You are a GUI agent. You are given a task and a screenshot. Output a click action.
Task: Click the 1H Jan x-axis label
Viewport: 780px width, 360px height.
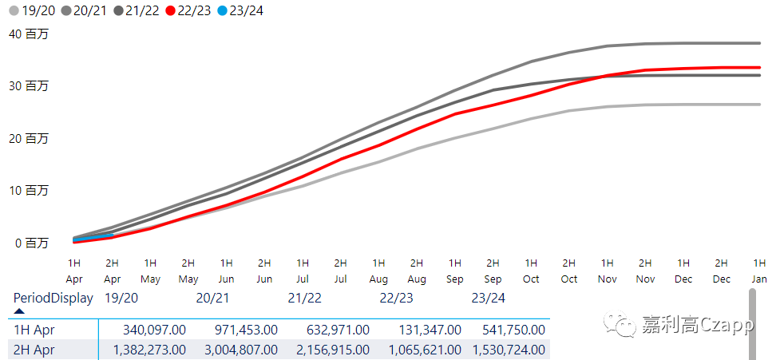point(759,271)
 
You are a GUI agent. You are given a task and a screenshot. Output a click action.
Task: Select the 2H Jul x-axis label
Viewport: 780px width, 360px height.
point(340,271)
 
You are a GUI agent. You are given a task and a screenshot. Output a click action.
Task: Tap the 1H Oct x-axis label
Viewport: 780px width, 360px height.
point(531,271)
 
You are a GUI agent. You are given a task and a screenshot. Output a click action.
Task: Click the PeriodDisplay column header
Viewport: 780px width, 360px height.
point(53,298)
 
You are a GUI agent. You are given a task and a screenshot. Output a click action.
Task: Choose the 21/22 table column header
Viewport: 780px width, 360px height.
point(304,298)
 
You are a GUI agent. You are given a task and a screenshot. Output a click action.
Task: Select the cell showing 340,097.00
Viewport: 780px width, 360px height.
point(151,329)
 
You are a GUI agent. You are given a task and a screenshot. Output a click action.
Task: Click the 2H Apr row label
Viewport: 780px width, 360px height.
point(34,349)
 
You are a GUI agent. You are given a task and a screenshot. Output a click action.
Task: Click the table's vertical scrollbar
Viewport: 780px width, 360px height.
point(751,323)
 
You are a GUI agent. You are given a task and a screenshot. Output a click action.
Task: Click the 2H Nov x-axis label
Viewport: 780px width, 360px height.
point(645,271)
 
